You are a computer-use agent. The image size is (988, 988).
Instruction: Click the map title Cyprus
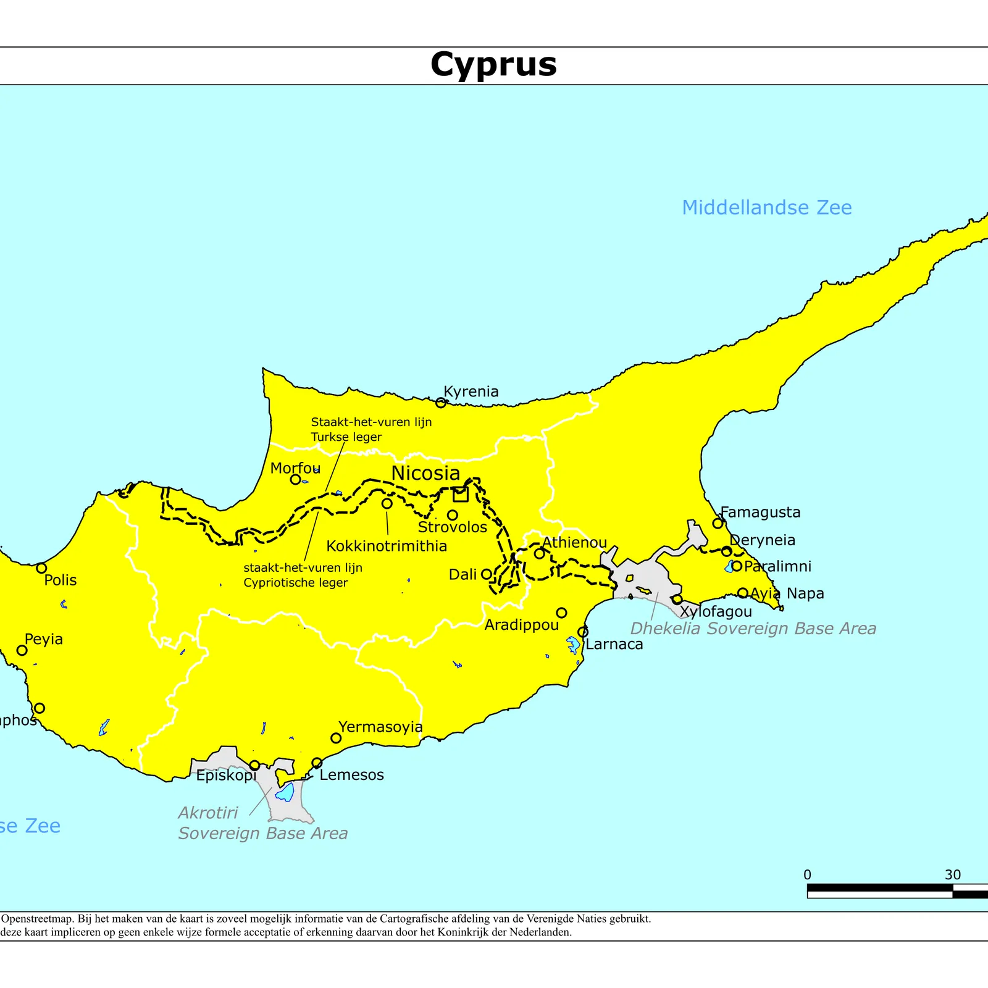[493, 64]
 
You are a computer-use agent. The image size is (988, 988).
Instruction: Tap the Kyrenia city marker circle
[441, 403]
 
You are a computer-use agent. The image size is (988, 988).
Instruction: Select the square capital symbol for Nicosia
[461, 495]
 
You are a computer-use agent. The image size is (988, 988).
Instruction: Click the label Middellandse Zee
[766, 207]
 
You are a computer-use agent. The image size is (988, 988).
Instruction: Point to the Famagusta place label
[760, 512]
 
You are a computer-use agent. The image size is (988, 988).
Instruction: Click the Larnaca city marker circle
[583, 632]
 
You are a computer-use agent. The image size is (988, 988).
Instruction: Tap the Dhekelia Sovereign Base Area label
[753, 629]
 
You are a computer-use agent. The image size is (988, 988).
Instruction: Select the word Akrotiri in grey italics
[208, 813]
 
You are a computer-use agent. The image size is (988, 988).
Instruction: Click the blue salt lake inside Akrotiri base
[285, 792]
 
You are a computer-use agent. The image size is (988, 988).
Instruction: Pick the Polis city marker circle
[41, 568]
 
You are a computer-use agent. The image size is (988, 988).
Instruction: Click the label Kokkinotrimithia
[387, 546]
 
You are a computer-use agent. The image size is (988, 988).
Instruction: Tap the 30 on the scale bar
[952, 875]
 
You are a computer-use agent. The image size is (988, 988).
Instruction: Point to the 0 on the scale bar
[807, 875]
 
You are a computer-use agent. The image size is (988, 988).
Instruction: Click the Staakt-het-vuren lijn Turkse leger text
[371, 429]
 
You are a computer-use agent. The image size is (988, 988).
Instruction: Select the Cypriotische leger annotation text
[296, 582]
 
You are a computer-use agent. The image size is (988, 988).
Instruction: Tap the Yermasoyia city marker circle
[336, 738]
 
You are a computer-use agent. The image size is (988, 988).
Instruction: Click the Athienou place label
[574, 542]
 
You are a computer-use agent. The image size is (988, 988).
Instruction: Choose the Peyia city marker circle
[22, 650]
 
